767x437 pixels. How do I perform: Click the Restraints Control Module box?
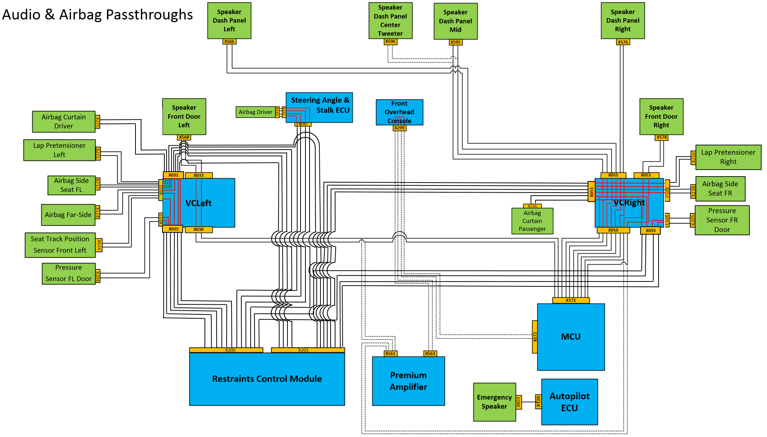pyautogui.click(x=267, y=379)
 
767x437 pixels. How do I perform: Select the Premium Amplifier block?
pyautogui.click(x=408, y=381)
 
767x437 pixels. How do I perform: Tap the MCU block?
pyautogui.click(x=571, y=337)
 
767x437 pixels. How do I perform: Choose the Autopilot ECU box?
pyautogui.click(x=569, y=402)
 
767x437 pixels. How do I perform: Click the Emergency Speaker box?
pyautogui.click(x=494, y=402)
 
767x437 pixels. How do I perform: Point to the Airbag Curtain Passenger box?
pyautogui.click(x=532, y=221)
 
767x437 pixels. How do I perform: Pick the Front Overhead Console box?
pyautogui.click(x=399, y=112)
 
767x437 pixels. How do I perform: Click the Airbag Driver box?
pyautogui.click(x=255, y=112)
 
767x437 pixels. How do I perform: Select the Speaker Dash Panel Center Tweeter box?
pyautogui.click(x=390, y=21)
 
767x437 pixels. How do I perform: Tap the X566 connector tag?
pyautogui.click(x=229, y=42)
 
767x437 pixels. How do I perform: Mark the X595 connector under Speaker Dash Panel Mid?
pyautogui.click(x=456, y=42)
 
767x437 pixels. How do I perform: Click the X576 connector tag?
pyautogui.click(x=623, y=42)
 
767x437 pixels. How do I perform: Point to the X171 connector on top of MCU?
pyautogui.click(x=571, y=300)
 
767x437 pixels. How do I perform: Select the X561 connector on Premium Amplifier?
pyautogui.click(x=390, y=353)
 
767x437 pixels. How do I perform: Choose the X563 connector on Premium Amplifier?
pyautogui.click(x=430, y=353)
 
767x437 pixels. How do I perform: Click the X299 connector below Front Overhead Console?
pyautogui.click(x=399, y=128)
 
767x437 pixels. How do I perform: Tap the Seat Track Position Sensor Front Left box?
pyautogui.click(x=60, y=245)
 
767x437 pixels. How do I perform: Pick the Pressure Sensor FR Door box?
pyautogui.click(x=722, y=220)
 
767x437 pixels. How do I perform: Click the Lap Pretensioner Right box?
pyautogui.click(x=728, y=157)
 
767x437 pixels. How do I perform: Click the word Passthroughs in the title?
pyautogui.click(x=149, y=15)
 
